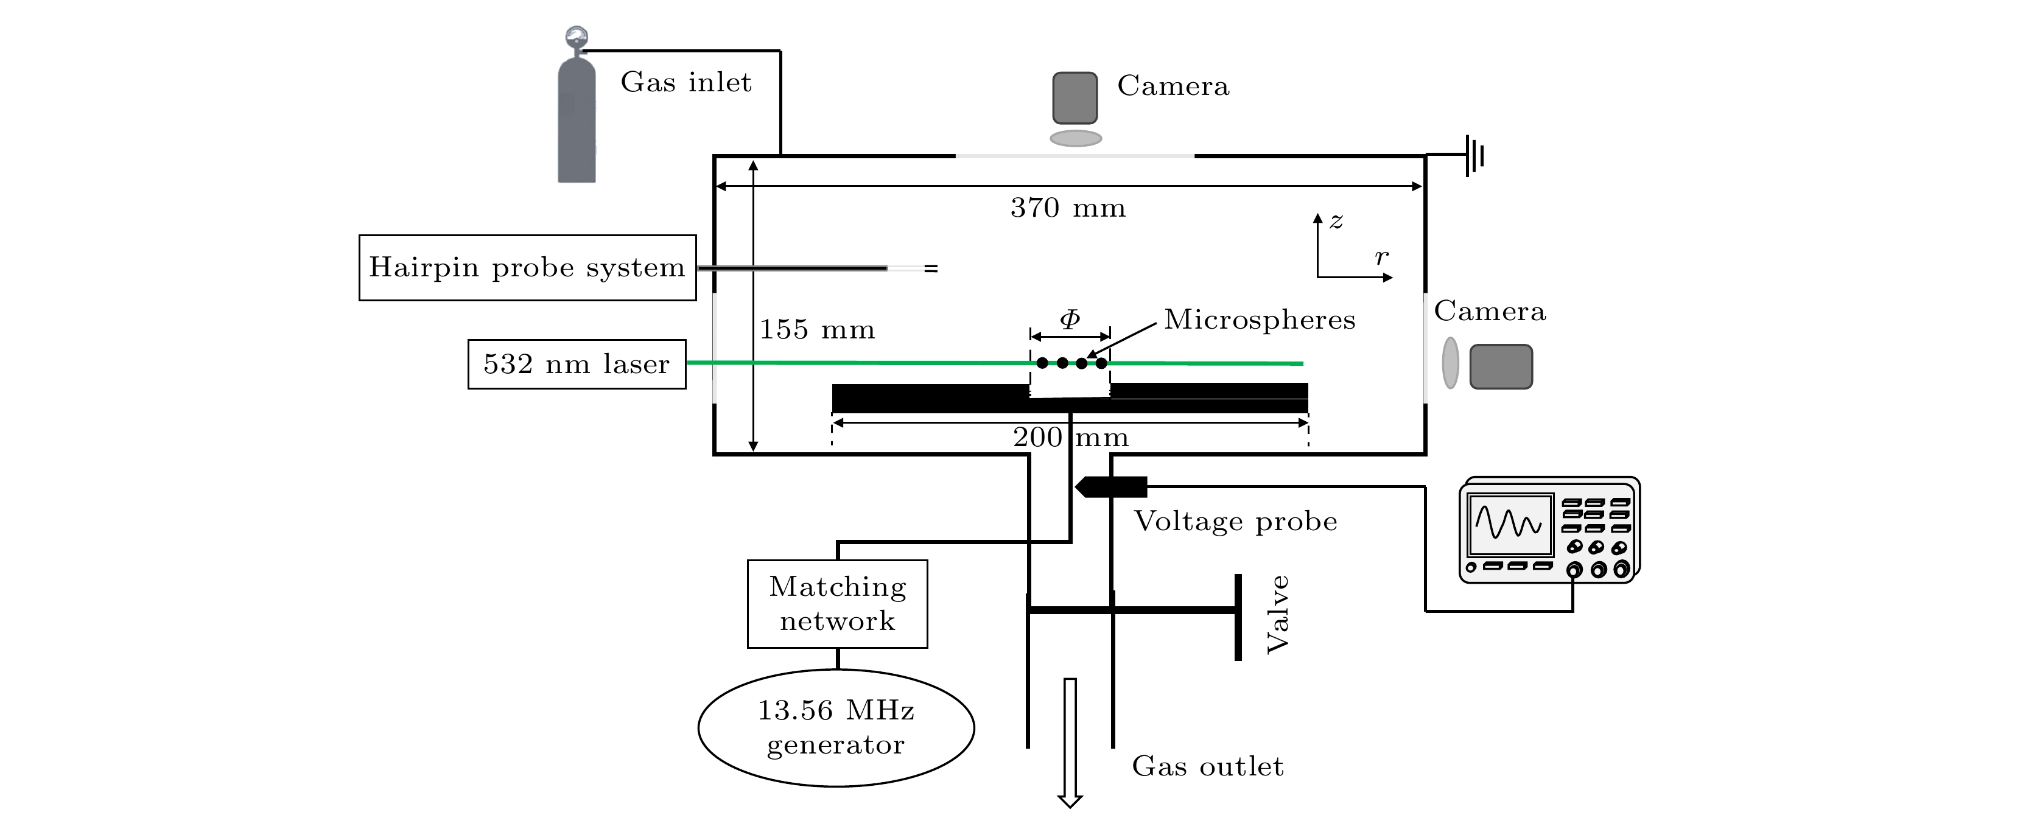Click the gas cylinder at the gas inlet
point(577,122)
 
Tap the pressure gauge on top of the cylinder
point(577,37)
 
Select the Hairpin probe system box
point(527,268)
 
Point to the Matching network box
point(838,604)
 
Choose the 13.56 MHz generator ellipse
point(836,727)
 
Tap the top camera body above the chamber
point(1075,98)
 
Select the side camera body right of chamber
point(1501,367)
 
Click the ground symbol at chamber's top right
point(1474,156)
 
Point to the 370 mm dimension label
point(1068,209)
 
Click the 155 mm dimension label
point(817,330)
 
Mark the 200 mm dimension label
point(1071,437)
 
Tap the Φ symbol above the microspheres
point(1070,320)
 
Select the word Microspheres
point(1260,320)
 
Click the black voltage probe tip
point(1110,487)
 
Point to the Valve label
point(1278,614)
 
